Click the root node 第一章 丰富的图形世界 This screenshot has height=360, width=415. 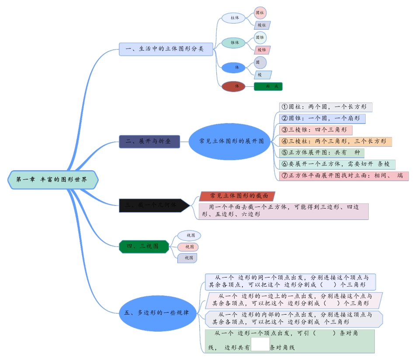[52, 180]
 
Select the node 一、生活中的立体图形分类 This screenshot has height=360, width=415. [166, 49]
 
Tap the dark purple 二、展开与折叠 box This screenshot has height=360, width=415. [149, 142]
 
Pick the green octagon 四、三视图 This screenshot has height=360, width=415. [144, 247]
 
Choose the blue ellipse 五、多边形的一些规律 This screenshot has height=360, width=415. [157, 312]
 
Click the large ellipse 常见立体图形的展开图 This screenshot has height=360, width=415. [230, 141]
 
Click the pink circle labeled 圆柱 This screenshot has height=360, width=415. [260, 13]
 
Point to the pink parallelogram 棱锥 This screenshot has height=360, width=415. [262, 50]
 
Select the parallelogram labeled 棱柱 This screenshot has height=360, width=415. [262, 25]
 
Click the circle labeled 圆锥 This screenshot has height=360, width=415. [260, 38]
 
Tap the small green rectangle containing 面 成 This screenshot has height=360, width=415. [268, 86]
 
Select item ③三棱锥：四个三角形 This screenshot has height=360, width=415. [316, 130]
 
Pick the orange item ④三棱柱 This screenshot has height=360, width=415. [335, 141]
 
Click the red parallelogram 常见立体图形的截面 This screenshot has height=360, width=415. [237, 195]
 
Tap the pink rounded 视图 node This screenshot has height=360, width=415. [188, 247]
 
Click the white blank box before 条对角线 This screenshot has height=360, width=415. [260, 344]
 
